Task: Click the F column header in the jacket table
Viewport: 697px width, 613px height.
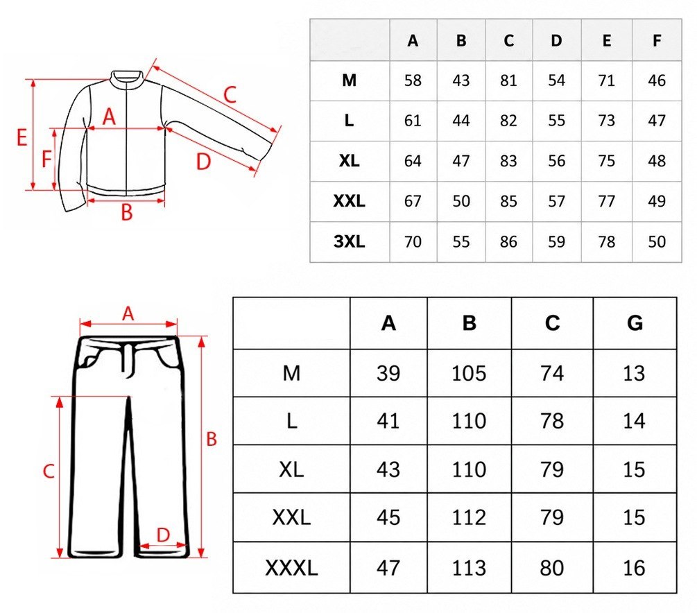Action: pyautogui.click(x=657, y=40)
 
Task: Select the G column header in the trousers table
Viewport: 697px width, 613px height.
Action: pyautogui.click(x=635, y=323)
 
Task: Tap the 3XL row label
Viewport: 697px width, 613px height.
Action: pyautogui.click(x=350, y=241)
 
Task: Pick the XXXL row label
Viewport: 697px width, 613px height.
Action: pyautogui.click(x=291, y=568)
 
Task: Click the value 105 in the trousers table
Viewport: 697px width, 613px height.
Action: pyautogui.click(x=469, y=373)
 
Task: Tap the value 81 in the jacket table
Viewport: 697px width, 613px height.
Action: pyautogui.click(x=508, y=80)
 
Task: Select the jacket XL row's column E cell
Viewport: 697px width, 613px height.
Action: pyautogui.click(x=607, y=161)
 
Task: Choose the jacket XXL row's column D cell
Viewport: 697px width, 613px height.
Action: pyautogui.click(x=556, y=201)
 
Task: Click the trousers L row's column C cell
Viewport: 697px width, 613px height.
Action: pyautogui.click(x=552, y=420)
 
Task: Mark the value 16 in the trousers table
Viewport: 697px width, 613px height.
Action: pyautogui.click(x=634, y=568)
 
